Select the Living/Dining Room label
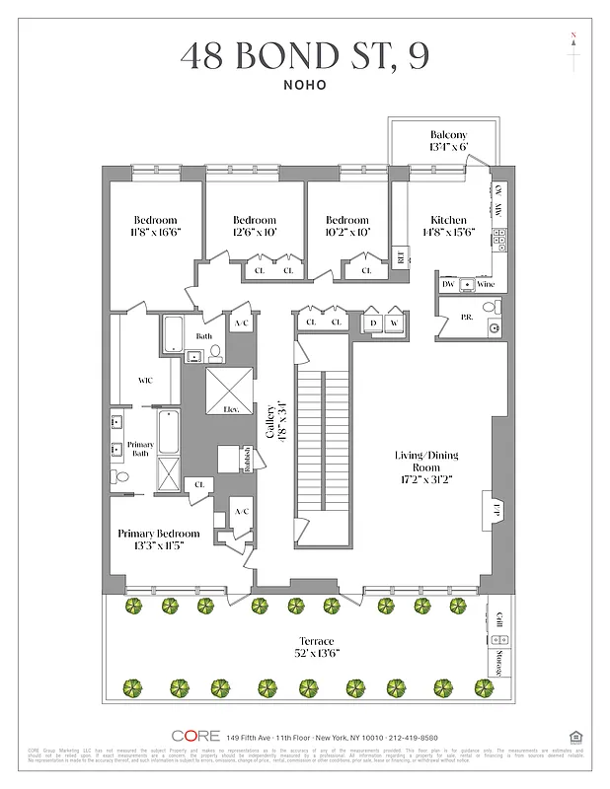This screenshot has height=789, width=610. [x=427, y=463]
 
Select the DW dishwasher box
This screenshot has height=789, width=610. [x=447, y=283]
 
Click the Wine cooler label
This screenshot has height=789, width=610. [x=485, y=283]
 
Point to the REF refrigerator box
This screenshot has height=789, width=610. [x=400, y=256]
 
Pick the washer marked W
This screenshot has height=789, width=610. [x=395, y=323]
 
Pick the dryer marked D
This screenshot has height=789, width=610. [x=373, y=323]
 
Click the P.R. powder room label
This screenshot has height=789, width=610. [x=467, y=318]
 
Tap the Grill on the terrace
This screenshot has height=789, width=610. [x=498, y=620]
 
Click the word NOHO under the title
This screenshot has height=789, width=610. [x=304, y=85]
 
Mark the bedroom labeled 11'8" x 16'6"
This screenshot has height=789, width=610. [x=156, y=226]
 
